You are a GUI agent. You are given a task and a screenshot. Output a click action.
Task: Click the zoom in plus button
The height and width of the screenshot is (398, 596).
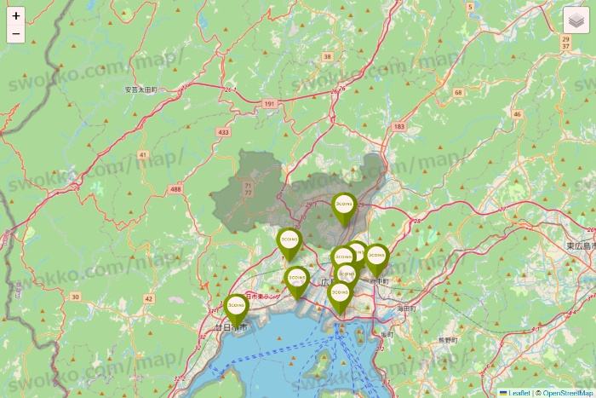[x=16, y=15]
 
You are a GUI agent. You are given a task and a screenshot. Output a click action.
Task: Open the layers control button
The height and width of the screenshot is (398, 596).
[x=576, y=20]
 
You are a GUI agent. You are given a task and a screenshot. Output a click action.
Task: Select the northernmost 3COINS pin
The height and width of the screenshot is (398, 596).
[x=344, y=206]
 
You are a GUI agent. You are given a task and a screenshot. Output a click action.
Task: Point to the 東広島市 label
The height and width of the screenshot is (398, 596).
[x=582, y=245]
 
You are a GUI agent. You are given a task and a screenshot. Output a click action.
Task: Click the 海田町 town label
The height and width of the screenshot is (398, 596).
[x=406, y=308]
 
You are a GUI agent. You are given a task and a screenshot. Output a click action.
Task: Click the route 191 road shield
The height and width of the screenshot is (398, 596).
[x=270, y=103]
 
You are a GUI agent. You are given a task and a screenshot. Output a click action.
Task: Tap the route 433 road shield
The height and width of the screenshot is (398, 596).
[x=224, y=132]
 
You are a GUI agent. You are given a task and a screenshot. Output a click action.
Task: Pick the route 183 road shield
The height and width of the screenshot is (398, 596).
[x=399, y=126]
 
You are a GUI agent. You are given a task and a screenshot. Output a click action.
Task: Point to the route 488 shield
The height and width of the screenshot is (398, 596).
[x=175, y=188]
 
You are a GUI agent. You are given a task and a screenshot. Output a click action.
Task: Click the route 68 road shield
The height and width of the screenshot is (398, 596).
[x=458, y=92]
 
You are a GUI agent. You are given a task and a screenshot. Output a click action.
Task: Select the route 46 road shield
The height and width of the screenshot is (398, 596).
[x=516, y=113]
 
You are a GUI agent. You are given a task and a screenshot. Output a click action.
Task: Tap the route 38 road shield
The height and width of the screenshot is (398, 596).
[x=327, y=56]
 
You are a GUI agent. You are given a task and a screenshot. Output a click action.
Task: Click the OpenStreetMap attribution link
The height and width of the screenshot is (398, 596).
[x=566, y=393]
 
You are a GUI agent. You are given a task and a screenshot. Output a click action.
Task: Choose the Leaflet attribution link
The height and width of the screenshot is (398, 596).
[x=519, y=393]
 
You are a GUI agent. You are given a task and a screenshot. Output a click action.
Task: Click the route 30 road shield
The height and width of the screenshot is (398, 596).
[x=75, y=297]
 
